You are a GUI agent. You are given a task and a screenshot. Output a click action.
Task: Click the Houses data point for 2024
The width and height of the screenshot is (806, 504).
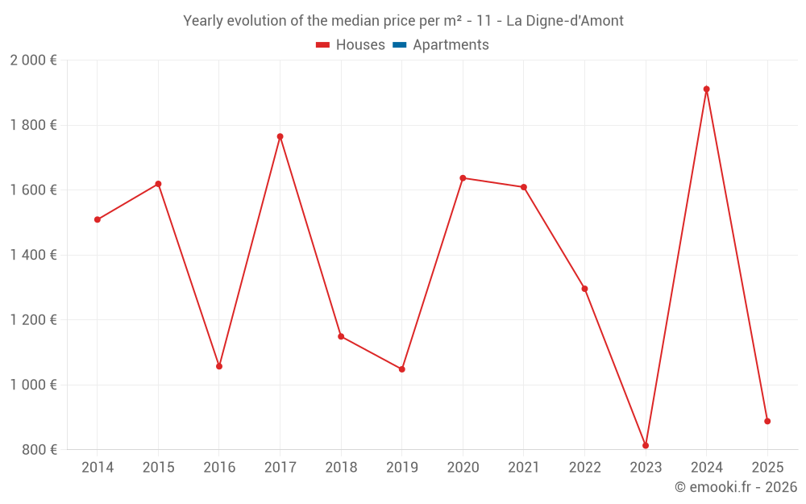click(706, 90)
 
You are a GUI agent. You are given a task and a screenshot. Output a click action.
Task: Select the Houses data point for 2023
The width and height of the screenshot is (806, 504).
click(646, 445)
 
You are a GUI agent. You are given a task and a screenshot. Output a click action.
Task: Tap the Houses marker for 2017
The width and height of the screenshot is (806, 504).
click(280, 136)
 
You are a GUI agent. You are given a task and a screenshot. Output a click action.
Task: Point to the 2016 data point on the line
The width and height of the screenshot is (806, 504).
click(219, 366)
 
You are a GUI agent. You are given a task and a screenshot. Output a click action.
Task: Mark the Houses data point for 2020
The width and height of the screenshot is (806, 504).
click(463, 178)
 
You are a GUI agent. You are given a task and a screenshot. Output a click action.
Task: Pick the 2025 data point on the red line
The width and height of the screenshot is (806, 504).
click(767, 421)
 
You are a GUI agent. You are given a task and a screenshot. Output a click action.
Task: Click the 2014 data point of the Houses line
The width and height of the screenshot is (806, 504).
click(98, 219)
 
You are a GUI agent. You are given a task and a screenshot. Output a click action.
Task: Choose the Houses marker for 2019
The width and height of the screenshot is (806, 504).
click(401, 369)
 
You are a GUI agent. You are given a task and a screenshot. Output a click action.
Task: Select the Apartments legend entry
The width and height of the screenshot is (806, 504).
click(451, 45)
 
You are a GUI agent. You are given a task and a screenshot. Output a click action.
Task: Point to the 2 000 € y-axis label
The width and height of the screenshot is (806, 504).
click(33, 60)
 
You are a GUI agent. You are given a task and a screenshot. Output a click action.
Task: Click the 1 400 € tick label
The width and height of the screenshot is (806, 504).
click(33, 255)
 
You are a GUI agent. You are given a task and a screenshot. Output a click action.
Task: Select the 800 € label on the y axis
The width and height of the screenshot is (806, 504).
click(39, 450)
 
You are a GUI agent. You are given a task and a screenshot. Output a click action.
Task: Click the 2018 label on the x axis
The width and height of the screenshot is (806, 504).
click(341, 468)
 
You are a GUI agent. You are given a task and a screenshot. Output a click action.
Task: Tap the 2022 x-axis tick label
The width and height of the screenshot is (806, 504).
click(584, 468)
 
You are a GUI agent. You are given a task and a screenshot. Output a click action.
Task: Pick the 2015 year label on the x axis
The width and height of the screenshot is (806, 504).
click(158, 468)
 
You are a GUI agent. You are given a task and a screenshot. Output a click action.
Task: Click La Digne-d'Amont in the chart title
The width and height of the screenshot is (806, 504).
click(564, 21)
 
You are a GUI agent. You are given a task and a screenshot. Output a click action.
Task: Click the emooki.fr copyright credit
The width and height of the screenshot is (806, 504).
click(736, 487)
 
